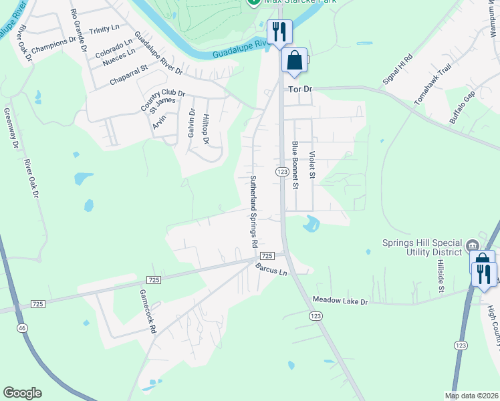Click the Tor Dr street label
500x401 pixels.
(x=300, y=89)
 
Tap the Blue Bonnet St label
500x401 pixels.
(x=294, y=165)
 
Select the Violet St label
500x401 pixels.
(x=311, y=164)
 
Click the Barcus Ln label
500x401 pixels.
(x=271, y=269)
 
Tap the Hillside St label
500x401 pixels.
(x=442, y=277)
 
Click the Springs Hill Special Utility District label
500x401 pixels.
(x=422, y=247)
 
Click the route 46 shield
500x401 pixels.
(x=21, y=328)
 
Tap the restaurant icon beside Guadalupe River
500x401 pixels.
(x=279, y=31)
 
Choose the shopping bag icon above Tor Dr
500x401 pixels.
(x=294, y=61)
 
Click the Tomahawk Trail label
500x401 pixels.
(x=428, y=89)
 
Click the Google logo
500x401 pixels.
(x=22, y=393)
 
